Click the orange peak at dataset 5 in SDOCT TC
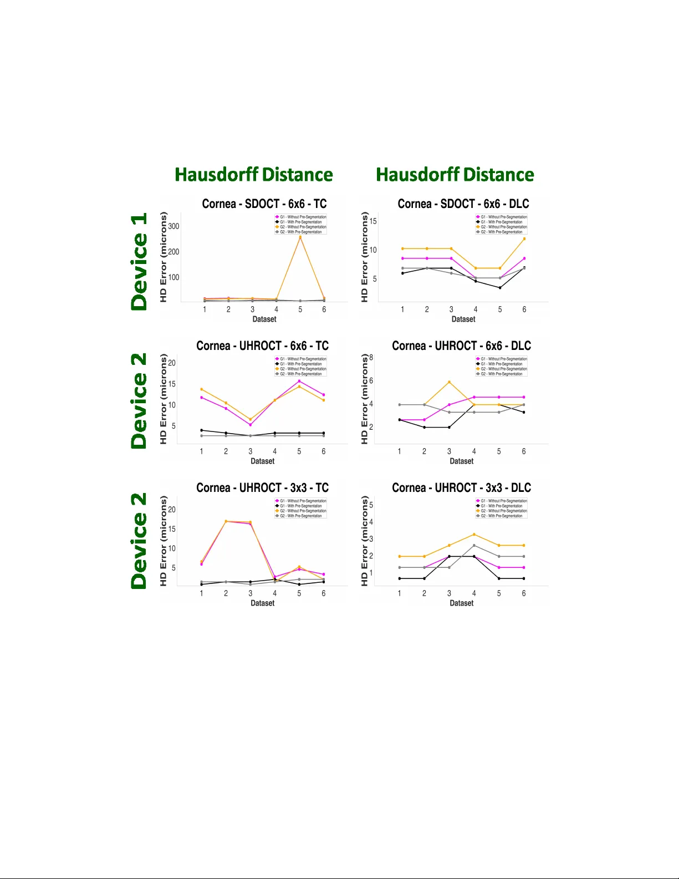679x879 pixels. pos(300,237)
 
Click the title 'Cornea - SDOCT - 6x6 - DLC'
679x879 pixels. pos(463,204)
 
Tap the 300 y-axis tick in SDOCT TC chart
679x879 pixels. pos(173,226)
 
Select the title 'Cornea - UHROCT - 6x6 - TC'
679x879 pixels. pos(262,345)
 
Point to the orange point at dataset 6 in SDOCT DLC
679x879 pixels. pos(524,239)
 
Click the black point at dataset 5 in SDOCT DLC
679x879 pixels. pos(499,288)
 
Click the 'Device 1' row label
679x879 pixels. pos(139,261)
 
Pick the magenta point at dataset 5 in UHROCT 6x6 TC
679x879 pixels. pos(299,381)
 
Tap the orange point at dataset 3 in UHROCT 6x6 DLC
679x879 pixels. pos(449,382)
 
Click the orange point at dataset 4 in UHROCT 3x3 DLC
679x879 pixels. pos(474,535)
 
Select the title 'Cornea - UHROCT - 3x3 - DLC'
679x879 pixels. pos(461,487)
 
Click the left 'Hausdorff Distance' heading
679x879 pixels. pos(254,175)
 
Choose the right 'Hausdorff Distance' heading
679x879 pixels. pos(455,175)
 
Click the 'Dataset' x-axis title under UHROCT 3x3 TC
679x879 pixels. pos(262,603)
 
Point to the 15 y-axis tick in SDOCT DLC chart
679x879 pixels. pos(373,221)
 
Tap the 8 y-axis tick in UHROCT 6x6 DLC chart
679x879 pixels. pos(371,357)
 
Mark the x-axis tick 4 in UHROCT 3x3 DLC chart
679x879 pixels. pos(474,593)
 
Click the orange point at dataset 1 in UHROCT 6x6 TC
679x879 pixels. pos(201,389)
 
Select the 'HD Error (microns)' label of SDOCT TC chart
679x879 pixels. pos(163,257)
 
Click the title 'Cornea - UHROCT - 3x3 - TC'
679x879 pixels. pos(262,487)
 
